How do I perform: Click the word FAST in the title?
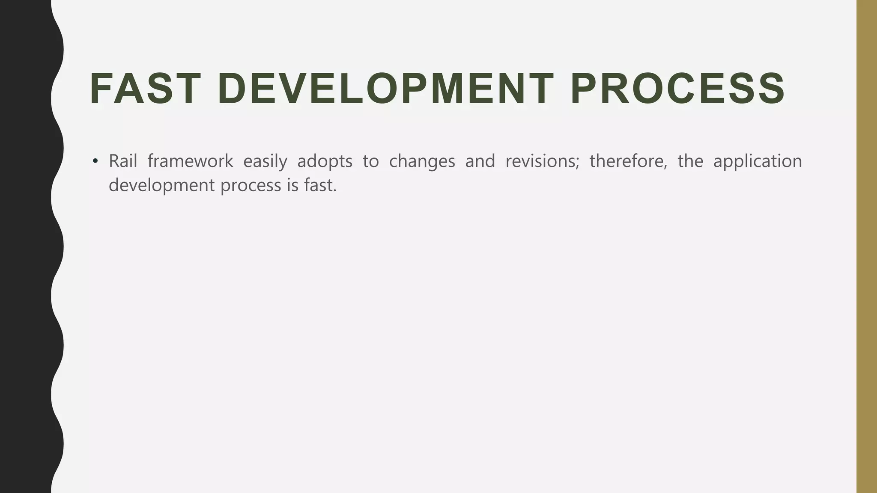click(145, 89)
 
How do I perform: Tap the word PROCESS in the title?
click(678, 89)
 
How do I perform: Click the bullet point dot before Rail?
click(95, 162)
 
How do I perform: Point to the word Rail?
click(122, 161)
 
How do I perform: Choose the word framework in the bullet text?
click(190, 161)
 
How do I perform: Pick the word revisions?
click(542, 161)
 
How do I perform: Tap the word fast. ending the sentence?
click(320, 185)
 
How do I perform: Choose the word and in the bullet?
click(480, 161)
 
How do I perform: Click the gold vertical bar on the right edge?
click(866, 246)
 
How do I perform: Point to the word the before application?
click(690, 161)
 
